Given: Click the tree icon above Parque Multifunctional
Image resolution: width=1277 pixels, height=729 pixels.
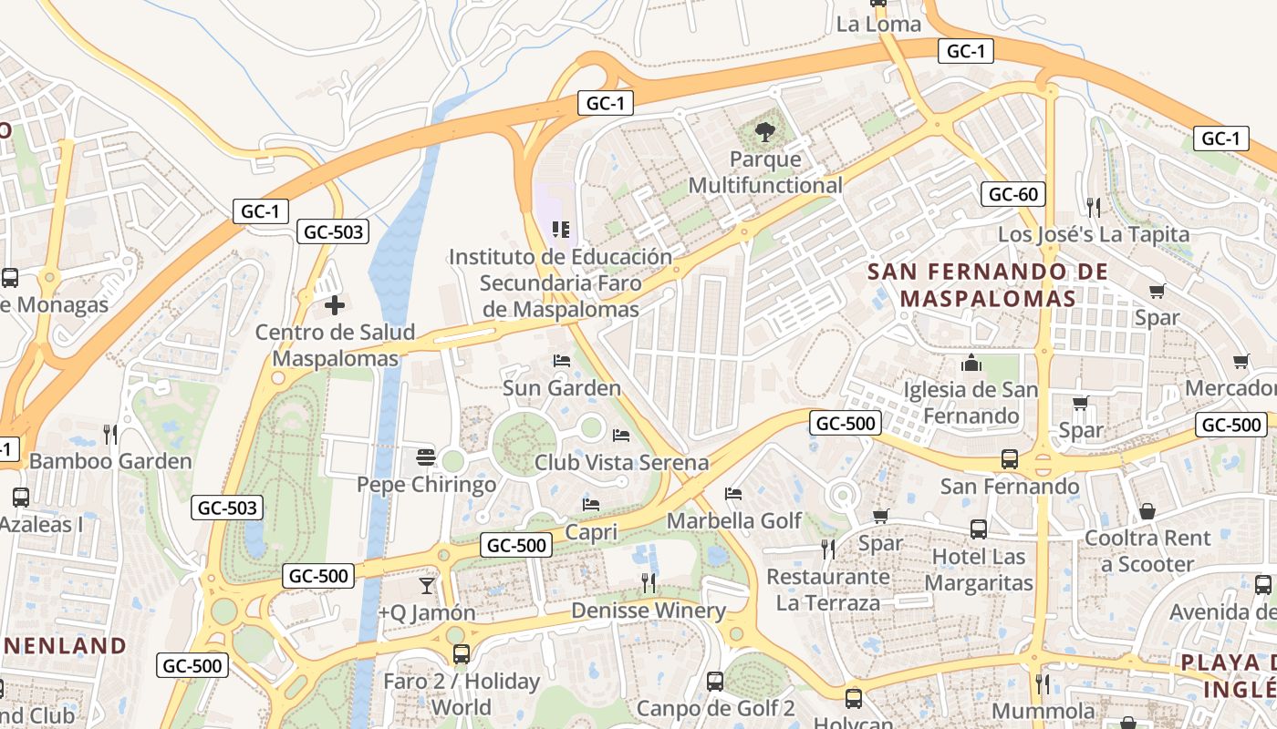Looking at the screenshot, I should [x=765, y=133].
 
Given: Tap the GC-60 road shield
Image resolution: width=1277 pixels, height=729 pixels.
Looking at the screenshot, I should [x=1013, y=193].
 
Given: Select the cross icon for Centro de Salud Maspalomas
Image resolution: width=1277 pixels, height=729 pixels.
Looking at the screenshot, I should [x=335, y=305].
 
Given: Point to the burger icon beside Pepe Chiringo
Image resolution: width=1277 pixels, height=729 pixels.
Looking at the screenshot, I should [x=425, y=456].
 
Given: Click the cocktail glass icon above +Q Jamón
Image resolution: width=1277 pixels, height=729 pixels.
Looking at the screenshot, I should [x=426, y=585].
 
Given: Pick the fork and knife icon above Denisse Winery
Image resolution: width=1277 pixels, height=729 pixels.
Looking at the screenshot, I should [x=649, y=583].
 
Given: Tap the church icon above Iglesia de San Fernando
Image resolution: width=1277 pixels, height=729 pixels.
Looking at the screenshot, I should [x=971, y=364].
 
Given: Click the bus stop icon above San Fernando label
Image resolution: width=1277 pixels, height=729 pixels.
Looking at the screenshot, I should [x=1010, y=459].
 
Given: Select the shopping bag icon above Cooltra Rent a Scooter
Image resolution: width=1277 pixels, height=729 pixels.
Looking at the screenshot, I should [x=1147, y=511].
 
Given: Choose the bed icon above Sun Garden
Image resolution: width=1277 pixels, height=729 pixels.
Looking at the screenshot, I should [x=562, y=361].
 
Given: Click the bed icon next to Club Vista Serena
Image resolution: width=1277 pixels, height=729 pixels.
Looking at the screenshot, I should [x=621, y=436].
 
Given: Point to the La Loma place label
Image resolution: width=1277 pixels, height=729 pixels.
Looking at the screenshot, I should [x=878, y=25].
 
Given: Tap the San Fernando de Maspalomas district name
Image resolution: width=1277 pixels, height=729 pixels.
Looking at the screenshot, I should [x=988, y=284].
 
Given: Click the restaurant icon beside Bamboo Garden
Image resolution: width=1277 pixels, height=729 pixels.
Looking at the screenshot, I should [x=110, y=435].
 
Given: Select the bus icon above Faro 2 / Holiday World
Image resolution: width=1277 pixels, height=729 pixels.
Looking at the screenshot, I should [x=462, y=653].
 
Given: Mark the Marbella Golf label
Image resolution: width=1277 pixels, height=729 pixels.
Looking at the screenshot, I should [x=734, y=520].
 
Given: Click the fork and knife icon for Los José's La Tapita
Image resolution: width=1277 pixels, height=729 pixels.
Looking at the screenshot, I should [x=1094, y=208].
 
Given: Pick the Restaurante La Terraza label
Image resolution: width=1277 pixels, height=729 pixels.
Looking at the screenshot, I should [x=828, y=590].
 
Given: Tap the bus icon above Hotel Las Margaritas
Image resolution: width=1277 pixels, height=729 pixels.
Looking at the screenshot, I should [x=979, y=529].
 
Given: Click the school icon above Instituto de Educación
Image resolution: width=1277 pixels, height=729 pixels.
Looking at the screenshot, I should [x=561, y=230].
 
